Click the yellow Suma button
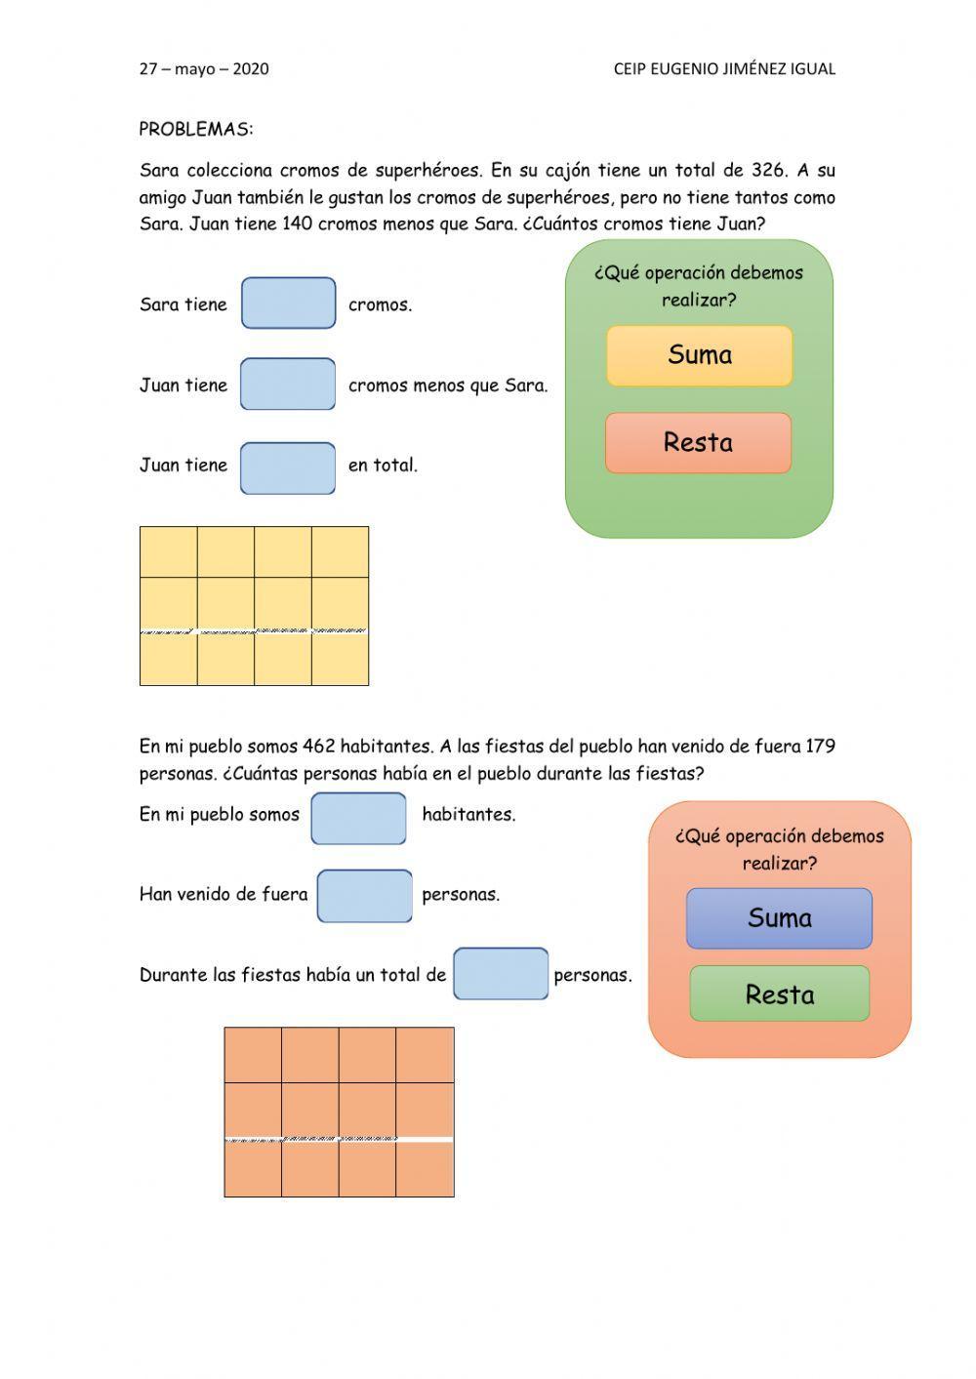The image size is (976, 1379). pyautogui.click(x=699, y=355)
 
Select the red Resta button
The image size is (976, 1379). pyautogui.click(x=698, y=443)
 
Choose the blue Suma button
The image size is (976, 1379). pyautogui.click(x=779, y=918)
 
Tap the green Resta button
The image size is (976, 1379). pyautogui.click(x=779, y=994)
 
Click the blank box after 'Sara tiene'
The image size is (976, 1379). pyautogui.click(x=288, y=304)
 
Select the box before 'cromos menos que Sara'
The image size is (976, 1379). pyautogui.click(x=288, y=384)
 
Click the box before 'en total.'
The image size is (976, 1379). pyautogui.click(x=288, y=467)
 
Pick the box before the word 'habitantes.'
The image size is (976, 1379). pyautogui.click(x=358, y=818)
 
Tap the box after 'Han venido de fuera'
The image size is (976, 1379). pyautogui.click(x=364, y=896)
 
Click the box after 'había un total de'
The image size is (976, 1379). pyautogui.click(x=500, y=973)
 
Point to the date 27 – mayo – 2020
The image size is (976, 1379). pyautogui.click(x=204, y=69)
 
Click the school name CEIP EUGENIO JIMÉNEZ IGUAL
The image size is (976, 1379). pyautogui.click(x=724, y=69)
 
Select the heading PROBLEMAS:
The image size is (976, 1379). pyautogui.click(x=196, y=129)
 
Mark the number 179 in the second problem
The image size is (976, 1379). pyautogui.click(x=820, y=747)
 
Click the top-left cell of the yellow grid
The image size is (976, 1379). pyautogui.click(x=169, y=552)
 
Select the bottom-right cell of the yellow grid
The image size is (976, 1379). pyautogui.click(x=340, y=660)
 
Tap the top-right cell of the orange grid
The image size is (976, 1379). pyautogui.click(x=425, y=1055)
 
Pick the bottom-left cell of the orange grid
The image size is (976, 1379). pyautogui.click(x=253, y=1168)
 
